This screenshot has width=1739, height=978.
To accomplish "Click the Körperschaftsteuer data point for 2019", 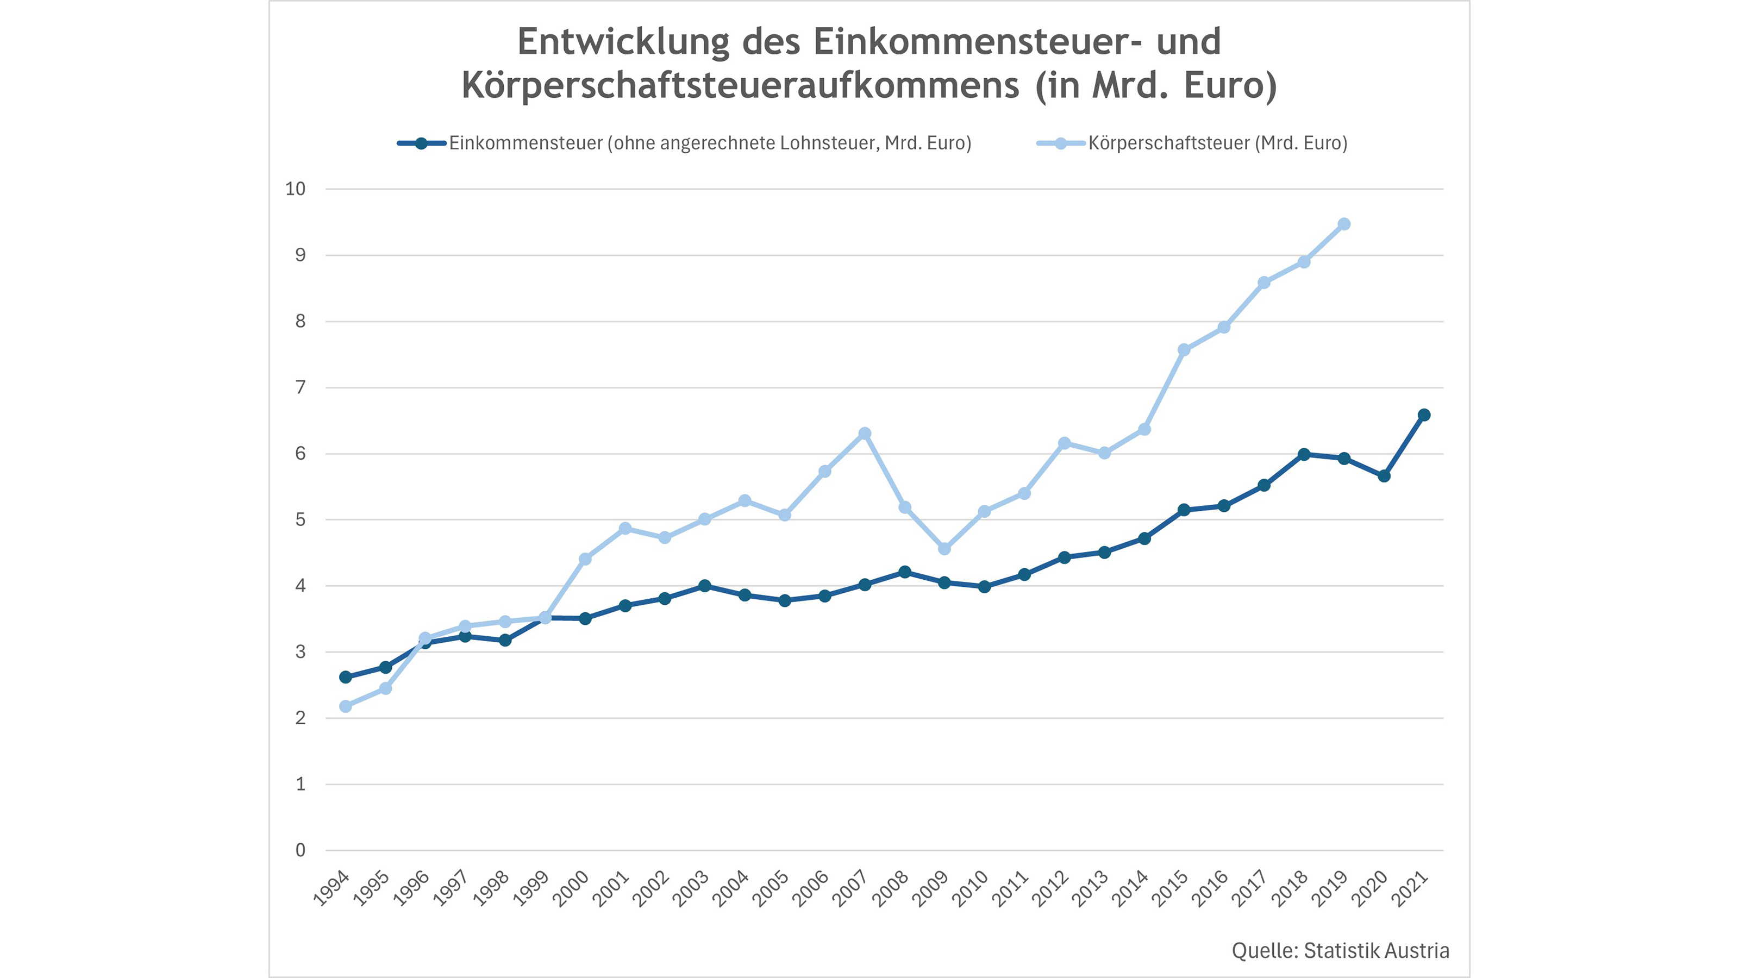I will (1343, 224).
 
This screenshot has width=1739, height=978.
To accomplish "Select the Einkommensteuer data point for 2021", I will (1424, 415).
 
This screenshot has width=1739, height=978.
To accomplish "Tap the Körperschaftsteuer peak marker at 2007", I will (865, 434).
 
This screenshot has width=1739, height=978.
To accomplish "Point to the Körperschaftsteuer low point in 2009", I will (944, 549).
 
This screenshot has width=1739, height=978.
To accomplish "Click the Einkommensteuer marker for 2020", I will (1384, 476).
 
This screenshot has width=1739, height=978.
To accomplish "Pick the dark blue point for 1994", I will (346, 677).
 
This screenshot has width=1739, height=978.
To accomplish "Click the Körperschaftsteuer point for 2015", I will (1184, 349).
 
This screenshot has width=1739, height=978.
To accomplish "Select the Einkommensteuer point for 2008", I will (905, 572).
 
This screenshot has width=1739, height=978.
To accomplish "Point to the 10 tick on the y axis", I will (296, 189).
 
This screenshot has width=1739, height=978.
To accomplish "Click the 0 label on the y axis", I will (301, 850).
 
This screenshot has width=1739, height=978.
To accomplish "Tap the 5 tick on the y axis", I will (301, 520).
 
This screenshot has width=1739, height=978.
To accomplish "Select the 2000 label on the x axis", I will (571, 888).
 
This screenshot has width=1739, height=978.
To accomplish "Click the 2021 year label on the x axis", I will (1410, 888).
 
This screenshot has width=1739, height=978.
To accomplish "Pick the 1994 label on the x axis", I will (331, 888).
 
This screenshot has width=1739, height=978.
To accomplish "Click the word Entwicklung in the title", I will (624, 42).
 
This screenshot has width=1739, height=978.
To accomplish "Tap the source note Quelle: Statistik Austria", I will (1340, 951).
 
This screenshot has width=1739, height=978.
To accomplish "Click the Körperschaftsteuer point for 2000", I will (585, 559).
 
